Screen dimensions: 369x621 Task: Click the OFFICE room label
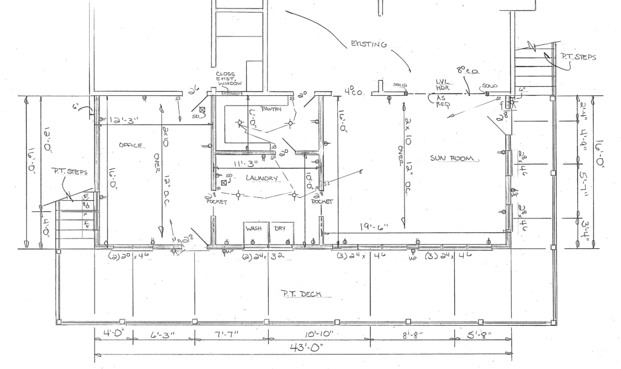(x=132, y=146)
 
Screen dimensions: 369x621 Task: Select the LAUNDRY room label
(x=261, y=178)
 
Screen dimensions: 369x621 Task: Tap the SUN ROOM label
(x=455, y=159)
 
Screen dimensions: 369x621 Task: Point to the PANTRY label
(x=272, y=109)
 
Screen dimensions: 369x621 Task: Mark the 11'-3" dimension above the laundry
(x=246, y=163)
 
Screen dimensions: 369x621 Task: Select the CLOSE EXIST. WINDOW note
(x=229, y=79)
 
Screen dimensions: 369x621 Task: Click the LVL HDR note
(x=444, y=84)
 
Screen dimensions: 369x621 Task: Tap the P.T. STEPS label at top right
(x=577, y=58)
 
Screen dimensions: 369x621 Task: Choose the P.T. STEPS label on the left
(x=70, y=172)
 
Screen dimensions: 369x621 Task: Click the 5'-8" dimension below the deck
(x=480, y=334)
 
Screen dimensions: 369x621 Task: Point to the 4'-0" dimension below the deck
(x=113, y=333)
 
